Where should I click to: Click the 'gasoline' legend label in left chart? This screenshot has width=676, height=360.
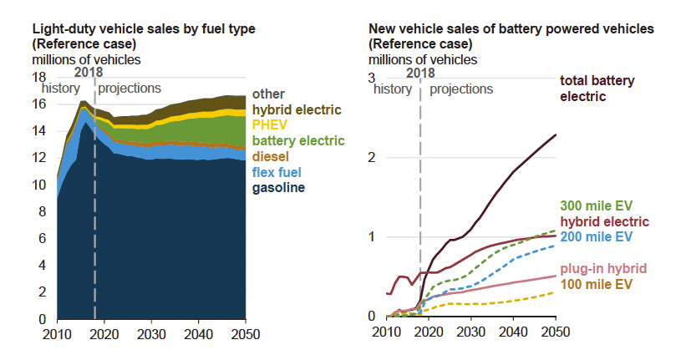278,188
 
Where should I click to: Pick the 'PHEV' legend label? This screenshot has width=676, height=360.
268,124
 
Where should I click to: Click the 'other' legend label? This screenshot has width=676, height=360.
267,94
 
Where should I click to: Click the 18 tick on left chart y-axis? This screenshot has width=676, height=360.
38,77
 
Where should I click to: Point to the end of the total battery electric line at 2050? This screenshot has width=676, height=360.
556,134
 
